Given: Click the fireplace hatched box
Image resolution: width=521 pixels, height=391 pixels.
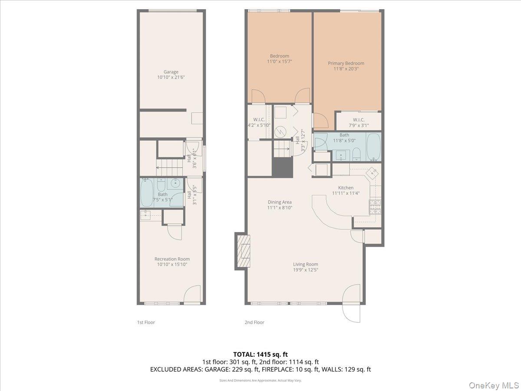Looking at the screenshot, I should pyautogui.click(x=245, y=251).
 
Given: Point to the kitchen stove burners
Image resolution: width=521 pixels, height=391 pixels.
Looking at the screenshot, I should pyautogui.click(x=375, y=207).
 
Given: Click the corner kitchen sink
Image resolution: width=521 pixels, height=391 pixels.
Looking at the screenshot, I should pyautogui.click(x=372, y=172).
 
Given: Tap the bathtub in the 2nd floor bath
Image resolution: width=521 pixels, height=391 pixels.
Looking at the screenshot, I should pyautogui.click(x=373, y=146).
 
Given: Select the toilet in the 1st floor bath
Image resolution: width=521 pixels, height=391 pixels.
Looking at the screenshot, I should pyautogui.click(x=160, y=186).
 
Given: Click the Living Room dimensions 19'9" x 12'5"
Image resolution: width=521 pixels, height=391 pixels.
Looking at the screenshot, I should pyautogui.click(x=306, y=270).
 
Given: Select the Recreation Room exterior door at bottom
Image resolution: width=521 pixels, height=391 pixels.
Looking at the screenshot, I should pyautogui.click(x=192, y=296).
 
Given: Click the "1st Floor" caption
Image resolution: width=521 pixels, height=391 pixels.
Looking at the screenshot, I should pyautogui.click(x=146, y=322).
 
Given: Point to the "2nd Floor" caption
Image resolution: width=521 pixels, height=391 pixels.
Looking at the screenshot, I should pyautogui.click(x=254, y=322).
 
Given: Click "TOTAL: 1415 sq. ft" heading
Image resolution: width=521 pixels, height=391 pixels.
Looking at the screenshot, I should pyautogui.click(x=260, y=354).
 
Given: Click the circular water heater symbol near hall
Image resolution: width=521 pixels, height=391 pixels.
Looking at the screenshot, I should pyautogui.click(x=280, y=130).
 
